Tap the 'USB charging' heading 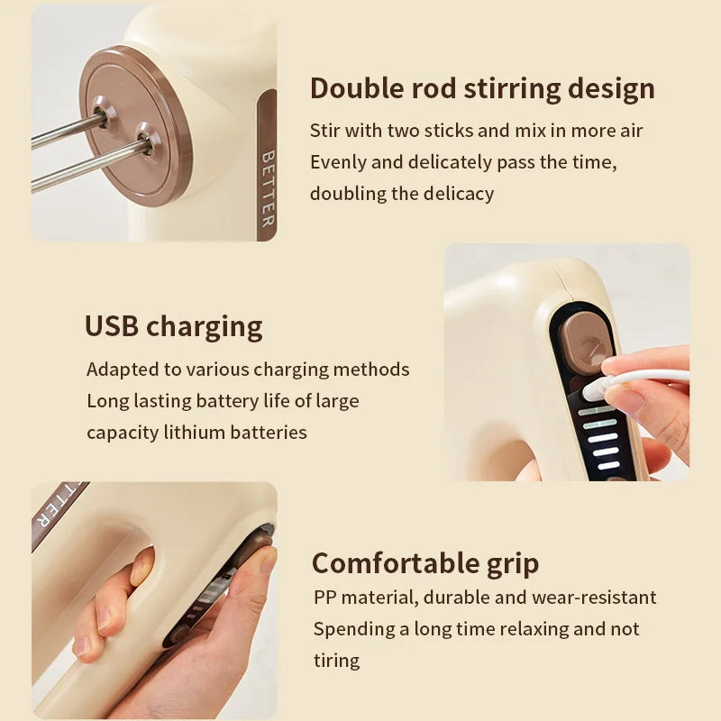[x=174, y=326]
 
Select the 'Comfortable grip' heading [x=425, y=564]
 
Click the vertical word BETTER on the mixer [x=268, y=187]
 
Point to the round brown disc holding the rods [x=135, y=126]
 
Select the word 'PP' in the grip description [x=324, y=598]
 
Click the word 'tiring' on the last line [x=336, y=661]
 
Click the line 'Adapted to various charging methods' [x=248, y=370]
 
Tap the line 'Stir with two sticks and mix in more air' [x=477, y=131]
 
